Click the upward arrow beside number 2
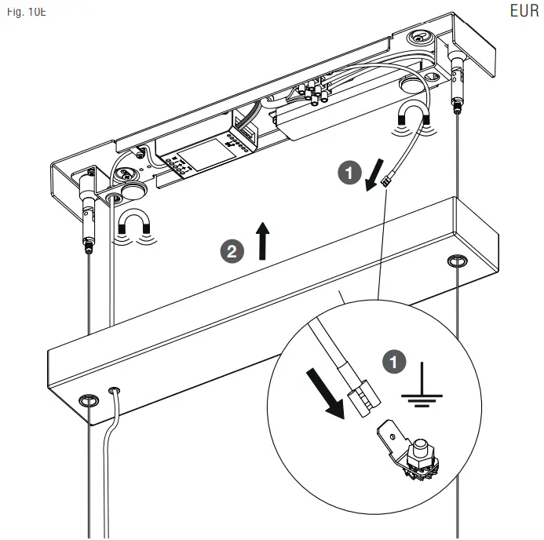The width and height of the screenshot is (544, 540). pos(262,241)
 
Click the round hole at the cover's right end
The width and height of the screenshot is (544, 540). pos(456,260)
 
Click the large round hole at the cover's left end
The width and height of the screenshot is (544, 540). pos(89,401)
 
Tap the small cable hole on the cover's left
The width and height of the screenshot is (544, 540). pos(115,389)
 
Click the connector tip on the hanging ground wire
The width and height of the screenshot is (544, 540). pos(386,183)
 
